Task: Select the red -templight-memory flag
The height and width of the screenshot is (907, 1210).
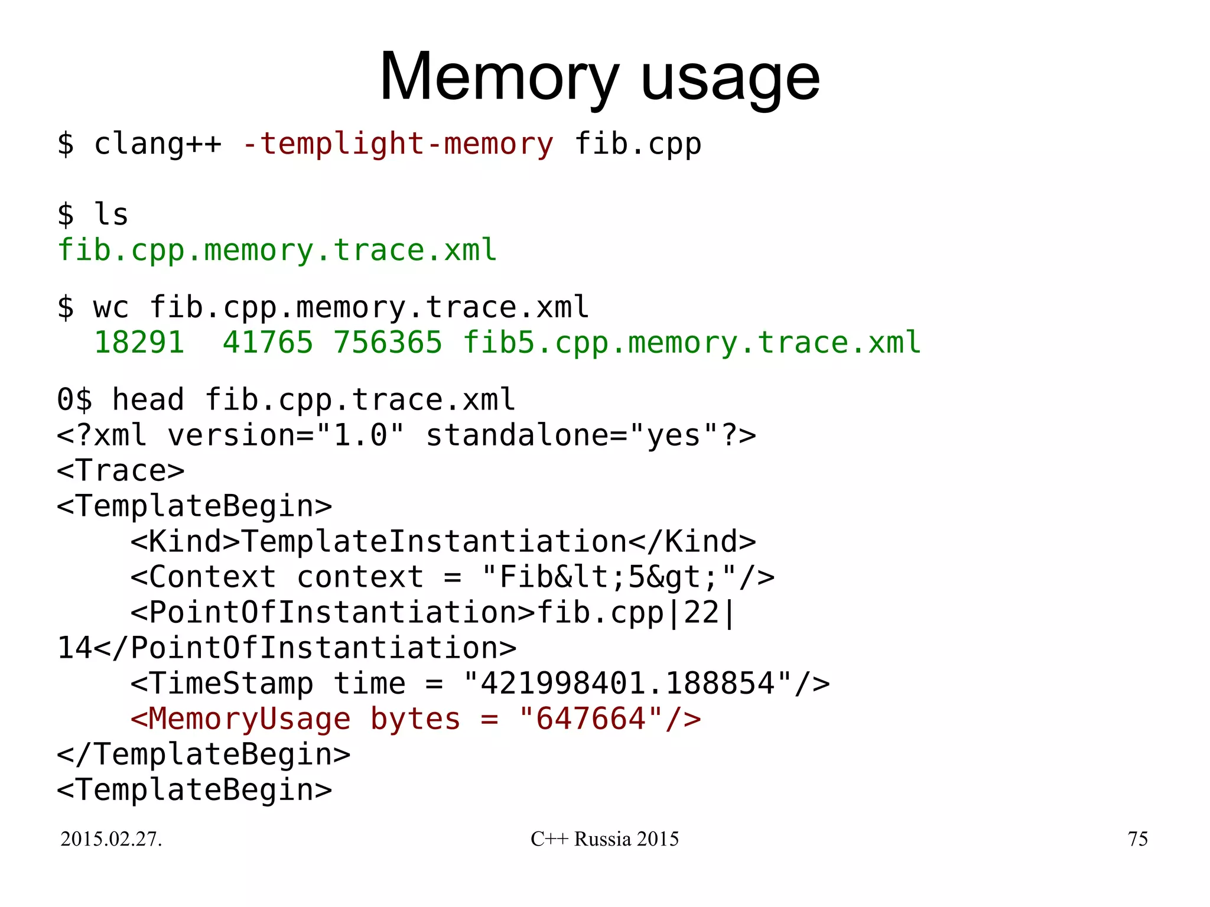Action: (x=398, y=144)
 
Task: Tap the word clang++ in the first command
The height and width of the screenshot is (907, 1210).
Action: (x=158, y=144)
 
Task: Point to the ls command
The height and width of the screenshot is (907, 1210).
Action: (x=111, y=214)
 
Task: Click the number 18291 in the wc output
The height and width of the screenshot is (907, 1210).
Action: (x=139, y=343)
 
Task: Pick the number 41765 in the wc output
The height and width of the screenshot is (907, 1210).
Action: (x=268, y=343)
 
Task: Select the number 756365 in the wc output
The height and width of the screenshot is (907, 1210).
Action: (x=388, y=343)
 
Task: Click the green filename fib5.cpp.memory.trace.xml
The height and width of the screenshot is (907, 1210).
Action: (x=691, y=343)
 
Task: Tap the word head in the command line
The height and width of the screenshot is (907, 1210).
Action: (x=148, y=399)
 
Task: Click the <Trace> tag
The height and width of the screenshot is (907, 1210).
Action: (x=121, y=471)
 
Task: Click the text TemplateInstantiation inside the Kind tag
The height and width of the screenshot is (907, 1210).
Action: (x=434, y=542)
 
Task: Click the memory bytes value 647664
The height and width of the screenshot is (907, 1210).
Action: (x=590, y=719)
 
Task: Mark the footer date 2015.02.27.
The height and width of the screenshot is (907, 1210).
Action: (x=111, y=839)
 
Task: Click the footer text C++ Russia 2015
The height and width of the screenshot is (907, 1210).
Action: (x=604, y=839)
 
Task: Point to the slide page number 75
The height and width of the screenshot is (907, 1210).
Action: (x=1137, y=839)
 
